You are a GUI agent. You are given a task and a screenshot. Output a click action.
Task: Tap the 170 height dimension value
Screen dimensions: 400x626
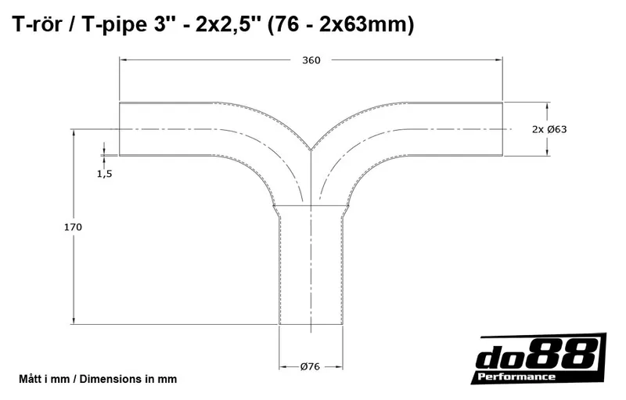73,227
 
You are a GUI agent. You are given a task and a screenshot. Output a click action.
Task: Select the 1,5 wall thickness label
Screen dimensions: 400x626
105,175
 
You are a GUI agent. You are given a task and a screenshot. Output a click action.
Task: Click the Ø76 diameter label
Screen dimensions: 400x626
311,366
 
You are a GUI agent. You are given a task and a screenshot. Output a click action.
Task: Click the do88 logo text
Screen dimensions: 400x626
540,356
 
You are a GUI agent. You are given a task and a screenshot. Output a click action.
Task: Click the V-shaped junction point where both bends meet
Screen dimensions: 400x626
311,150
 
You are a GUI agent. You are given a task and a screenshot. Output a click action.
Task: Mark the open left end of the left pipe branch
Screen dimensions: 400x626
120,129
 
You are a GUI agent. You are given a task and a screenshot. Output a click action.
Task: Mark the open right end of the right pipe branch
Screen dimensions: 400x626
502,129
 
